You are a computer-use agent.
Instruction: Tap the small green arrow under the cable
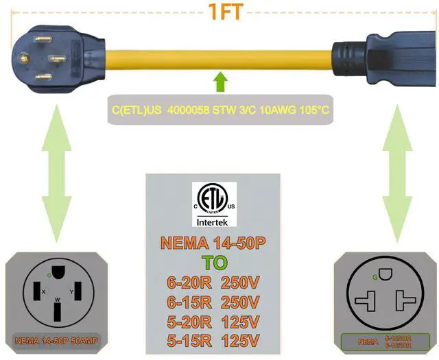219,82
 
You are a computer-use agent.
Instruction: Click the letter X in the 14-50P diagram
43,291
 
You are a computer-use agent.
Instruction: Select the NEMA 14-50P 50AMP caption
56,339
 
